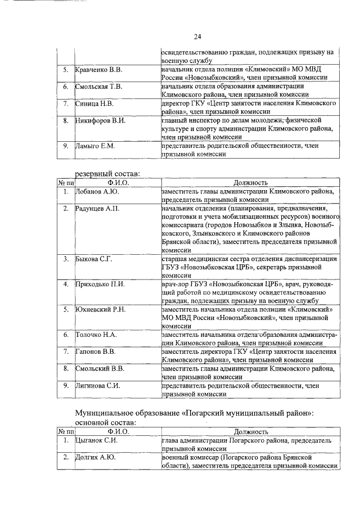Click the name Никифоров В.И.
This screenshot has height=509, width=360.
101,120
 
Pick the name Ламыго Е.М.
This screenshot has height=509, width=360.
96,147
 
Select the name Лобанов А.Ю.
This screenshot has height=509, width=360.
97,191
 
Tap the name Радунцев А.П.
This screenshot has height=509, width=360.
98,209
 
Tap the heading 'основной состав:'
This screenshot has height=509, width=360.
106,422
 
